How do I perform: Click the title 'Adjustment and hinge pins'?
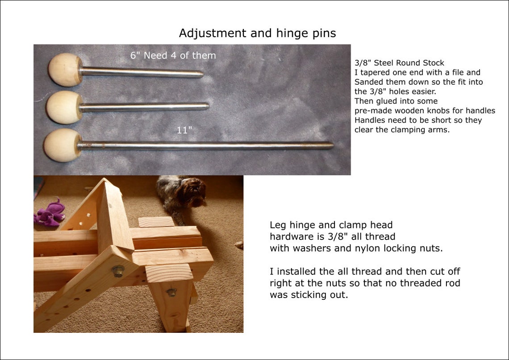pyautogui.click(x=257, y=33)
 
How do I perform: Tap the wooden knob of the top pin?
pyautogui.click(x=65, y=69)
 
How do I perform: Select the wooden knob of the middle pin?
pyautogui.click(x=64, y=107)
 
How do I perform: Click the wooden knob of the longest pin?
pyautogui.click(x=62, y=145)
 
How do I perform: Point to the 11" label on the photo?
pyautogui.click(x=184, y=131)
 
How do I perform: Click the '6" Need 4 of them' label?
pyautogui.click(x=173, y=56)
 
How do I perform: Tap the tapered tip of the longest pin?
pyautogui.click(x=330, y=145)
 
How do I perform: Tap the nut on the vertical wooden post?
pyautogui.click(x=171, y=292)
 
